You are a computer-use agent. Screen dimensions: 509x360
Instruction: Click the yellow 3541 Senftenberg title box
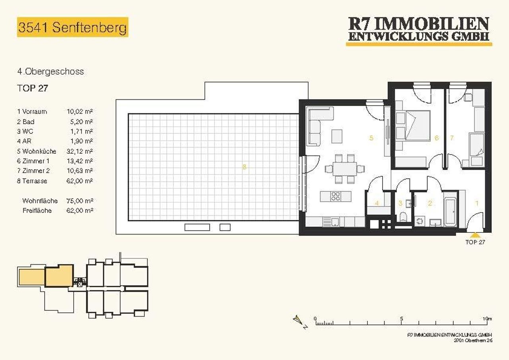(x=73, y=27)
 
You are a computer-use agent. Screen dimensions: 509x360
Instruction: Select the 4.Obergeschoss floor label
(x=51, y=72)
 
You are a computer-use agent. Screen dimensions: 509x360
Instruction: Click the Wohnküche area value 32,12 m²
(x=80, y=151)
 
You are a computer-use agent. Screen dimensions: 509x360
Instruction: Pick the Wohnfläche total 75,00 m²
(x=80, y=201)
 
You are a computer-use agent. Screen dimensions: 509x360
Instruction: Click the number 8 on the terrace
(x=244, y=167)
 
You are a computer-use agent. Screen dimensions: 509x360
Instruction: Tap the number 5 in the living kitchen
(x=371, y=138)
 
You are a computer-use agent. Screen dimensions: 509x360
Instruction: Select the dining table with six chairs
(x=345, y=169)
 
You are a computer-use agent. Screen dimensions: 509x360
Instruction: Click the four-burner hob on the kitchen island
(x=336, y=197)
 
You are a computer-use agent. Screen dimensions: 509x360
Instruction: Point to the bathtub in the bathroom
(x=451, y=211)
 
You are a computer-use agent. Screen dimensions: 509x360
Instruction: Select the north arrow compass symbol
(x=300, y=322)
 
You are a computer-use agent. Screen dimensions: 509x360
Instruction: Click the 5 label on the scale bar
(x=402, y=318)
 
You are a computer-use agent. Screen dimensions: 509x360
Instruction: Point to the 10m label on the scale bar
(x=487, y=318)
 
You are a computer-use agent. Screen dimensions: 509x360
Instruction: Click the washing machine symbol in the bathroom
(x=420, y=221)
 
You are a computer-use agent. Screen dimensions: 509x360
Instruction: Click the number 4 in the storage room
(x=377, y=203)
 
